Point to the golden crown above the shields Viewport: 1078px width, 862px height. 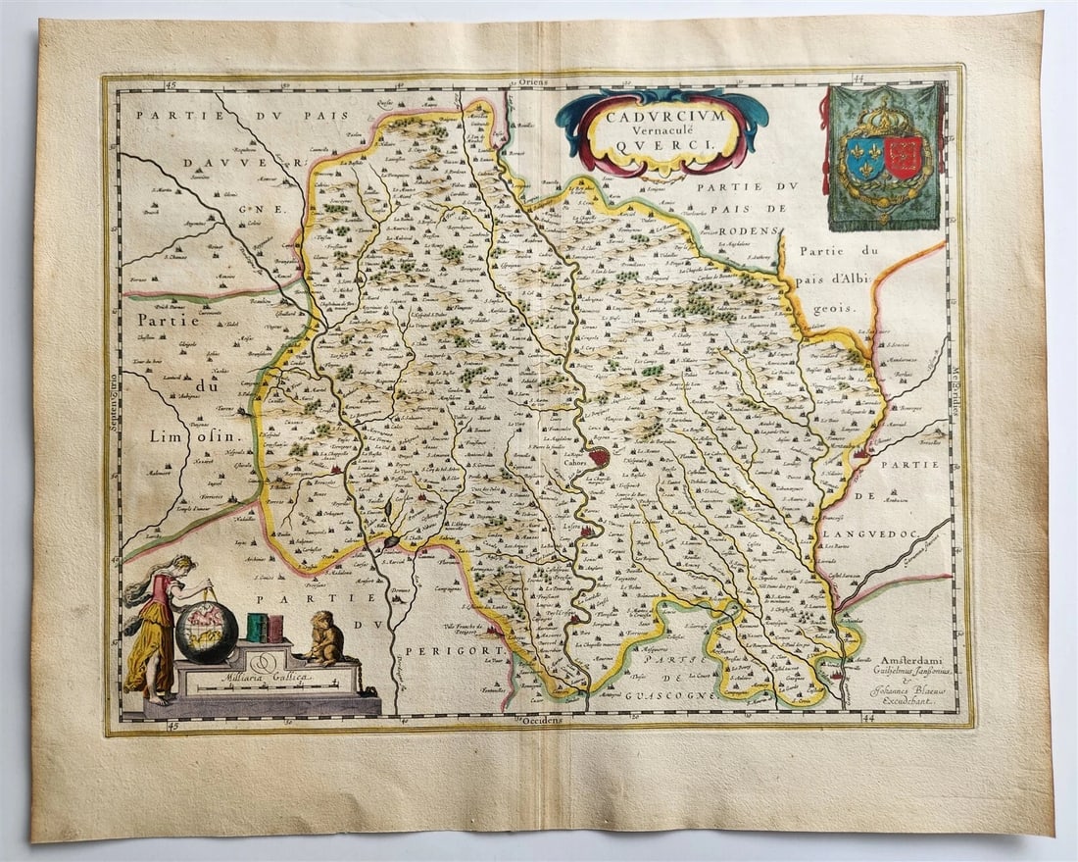[884, 117]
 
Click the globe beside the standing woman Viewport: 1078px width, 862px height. [207, 631]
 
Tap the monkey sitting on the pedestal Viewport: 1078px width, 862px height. [324, 638]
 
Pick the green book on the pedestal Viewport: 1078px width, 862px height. [258, 628]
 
